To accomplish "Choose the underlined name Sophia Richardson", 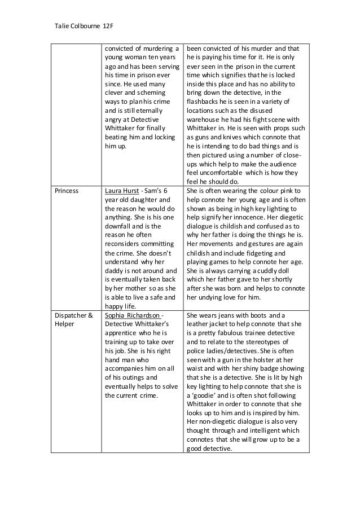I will [133, 314].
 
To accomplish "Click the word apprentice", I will [124, 332].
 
